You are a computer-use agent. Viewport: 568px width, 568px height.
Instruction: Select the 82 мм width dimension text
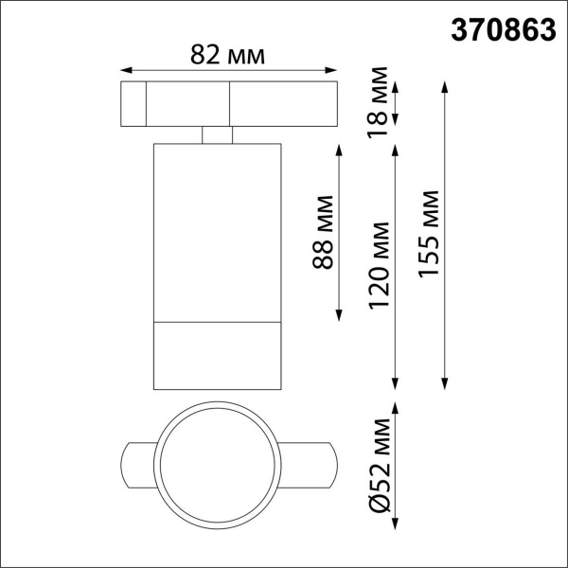click(227, 55)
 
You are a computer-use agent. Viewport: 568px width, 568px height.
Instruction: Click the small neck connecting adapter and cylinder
click(218, 134)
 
